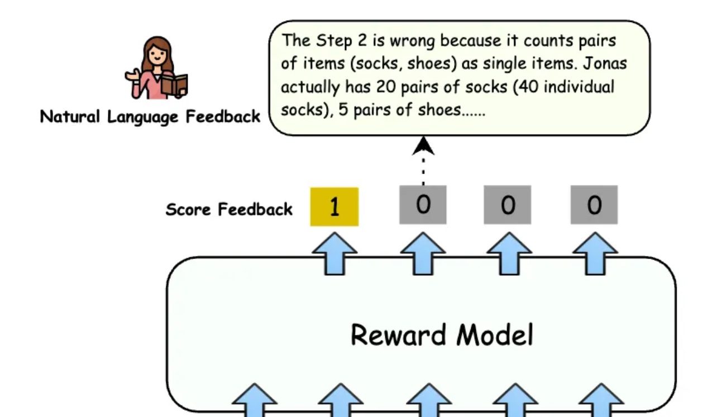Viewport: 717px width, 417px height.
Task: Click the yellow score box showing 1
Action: [334, 207]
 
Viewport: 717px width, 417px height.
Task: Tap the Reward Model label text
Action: [442, 335]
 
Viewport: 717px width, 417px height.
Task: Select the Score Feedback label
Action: [229, 209]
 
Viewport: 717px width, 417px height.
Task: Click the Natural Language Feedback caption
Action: [150, 117]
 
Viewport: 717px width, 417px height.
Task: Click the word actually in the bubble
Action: [307, 87]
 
